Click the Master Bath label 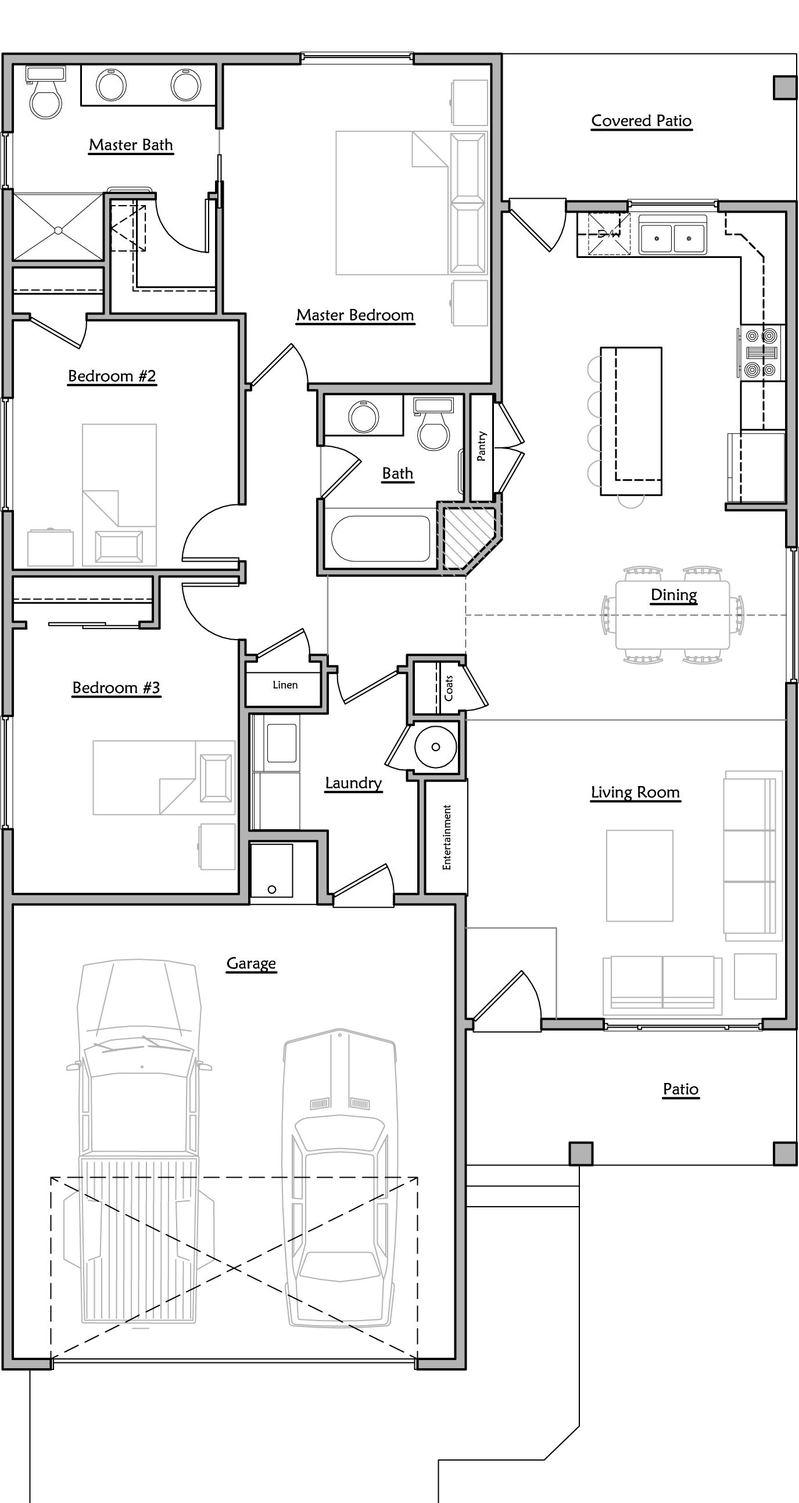pos(131,145)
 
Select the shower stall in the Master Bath pos(58,228)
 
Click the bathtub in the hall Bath pos(381,538)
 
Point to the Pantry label pos(482,446)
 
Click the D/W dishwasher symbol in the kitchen pos(608,234)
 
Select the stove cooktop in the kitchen pos(762,353)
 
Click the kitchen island pos(631,420)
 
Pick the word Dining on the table pos(673,595)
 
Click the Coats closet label pos(448,688)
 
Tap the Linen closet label pos(285,685)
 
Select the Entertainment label pos(446,837)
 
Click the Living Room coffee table pos(639,875)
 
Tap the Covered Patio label pos(641,121)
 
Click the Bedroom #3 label pos(116,688)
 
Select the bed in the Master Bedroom pos(409,203)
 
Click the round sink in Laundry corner pos(435,747)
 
